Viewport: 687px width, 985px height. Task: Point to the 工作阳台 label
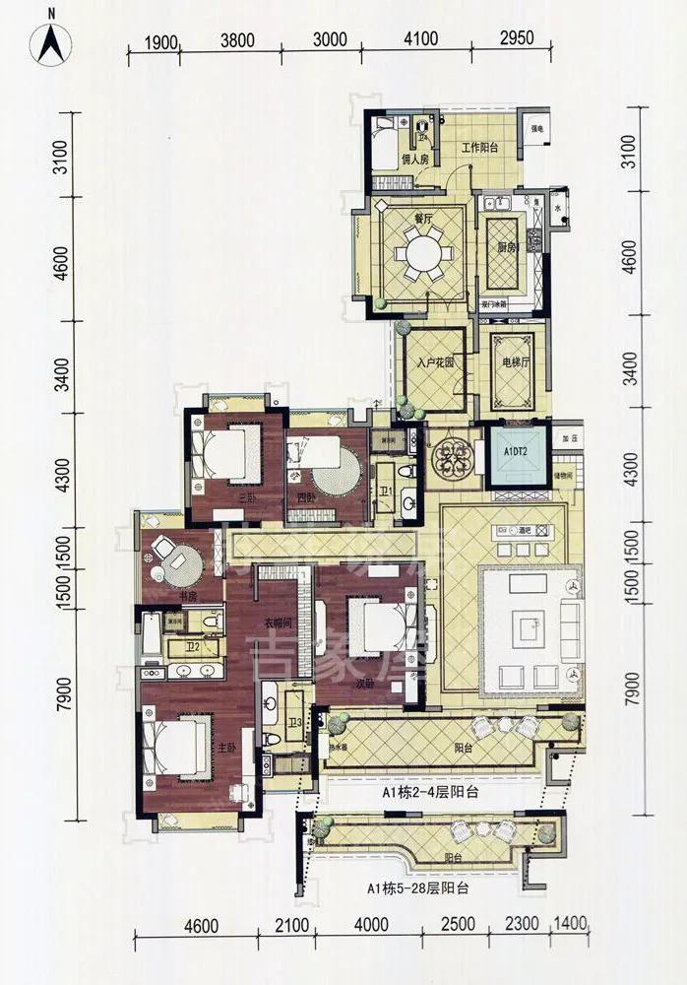[481, 150]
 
